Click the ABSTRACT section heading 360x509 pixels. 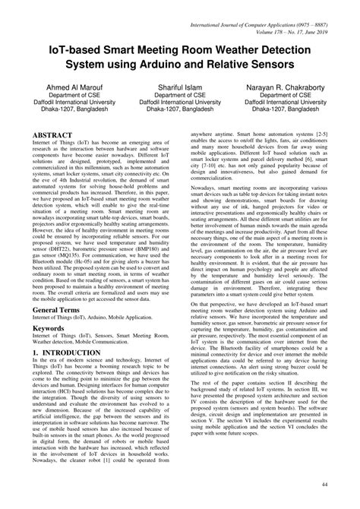[x=54, y=134]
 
